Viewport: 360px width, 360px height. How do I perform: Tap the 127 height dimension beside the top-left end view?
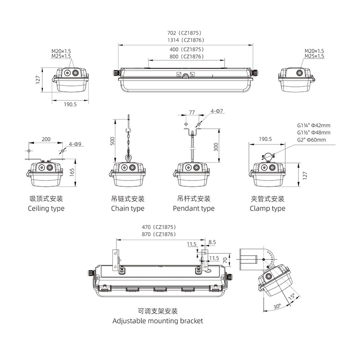coord(39,79)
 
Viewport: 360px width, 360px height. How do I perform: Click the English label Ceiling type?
coord(46,208)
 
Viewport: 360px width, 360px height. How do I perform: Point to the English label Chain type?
coord(128,208)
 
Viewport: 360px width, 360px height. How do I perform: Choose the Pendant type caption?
coord(193,208)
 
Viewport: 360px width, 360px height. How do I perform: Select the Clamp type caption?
coord(267,208)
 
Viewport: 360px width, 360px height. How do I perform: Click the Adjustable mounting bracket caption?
coord(157,321)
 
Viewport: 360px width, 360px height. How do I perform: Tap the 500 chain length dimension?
coord(112,140)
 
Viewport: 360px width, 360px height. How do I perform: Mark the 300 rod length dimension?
coord(216,147)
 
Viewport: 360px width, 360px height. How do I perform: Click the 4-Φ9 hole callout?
coord(75,144)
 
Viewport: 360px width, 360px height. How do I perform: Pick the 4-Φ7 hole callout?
coord(216,111)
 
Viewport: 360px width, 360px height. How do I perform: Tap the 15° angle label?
coord(291,297)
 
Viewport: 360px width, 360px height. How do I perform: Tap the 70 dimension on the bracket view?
coord(225,260)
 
